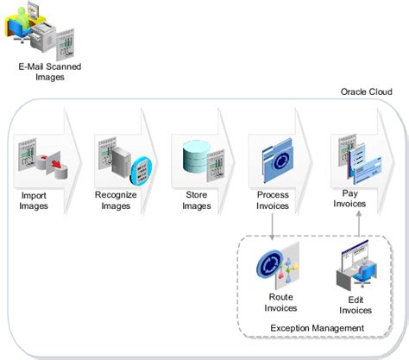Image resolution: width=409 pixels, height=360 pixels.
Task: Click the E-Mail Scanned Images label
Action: (x=50, y=72)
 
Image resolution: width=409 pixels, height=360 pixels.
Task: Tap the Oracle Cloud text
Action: (x=367, y=92)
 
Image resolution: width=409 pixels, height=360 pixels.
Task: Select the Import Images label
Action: (x=34, y=200)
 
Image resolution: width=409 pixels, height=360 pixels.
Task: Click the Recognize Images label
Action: (x=116, y=200)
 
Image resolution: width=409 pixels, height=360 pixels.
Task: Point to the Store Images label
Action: (x=197, y=200)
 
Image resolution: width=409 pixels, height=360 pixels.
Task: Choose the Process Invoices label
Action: (x=273, y=200)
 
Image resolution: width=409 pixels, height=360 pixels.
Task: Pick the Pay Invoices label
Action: (x=349, y=199)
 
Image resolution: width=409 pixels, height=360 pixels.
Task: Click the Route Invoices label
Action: (x=280, y=302)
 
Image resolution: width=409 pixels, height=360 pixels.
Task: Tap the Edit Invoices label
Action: (x=356, y=305)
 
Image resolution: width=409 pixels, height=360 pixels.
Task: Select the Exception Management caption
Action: (x=318, y=328)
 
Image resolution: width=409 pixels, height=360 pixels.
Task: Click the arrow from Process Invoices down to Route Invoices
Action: (x=272, y=226)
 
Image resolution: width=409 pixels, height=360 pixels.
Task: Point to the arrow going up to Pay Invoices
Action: (x=359, y=224)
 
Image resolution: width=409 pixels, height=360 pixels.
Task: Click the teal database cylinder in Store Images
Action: (x=196, y=157)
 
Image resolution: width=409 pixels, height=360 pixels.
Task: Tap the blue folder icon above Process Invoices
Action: (x=278, y=160)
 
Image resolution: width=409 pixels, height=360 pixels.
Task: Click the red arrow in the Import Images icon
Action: (x=56, y=164)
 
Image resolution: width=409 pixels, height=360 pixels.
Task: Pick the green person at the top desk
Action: (x=22, y=17)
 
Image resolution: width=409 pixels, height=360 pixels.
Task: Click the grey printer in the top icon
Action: (x=43, y=36)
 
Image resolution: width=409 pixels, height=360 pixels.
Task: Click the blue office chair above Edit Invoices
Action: (x=364, y=274)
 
